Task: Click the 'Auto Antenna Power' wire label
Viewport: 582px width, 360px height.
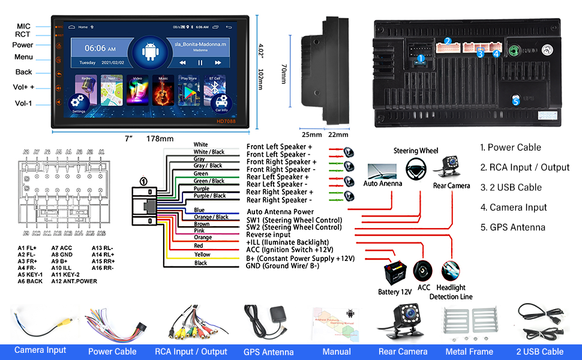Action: pyautogui.click(x=280, y=212)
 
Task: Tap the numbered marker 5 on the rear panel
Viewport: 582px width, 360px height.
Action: pyautogui.click(x=515, y=101)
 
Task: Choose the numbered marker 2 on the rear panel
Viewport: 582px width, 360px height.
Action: pyautogui.click(x=447, y=41)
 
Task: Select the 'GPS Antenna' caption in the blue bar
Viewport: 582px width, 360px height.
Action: pyautogui.click(x=268, y=352)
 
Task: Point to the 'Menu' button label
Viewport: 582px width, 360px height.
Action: pyautogui.click(x=24, y=57)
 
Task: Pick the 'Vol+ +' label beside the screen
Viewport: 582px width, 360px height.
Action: pyautogui.click(x=24, y=87)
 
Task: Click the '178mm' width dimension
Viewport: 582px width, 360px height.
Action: pyautogui.click(x=160, y=139)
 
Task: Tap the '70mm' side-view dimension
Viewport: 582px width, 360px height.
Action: pyautogui.click(x=284, y=74)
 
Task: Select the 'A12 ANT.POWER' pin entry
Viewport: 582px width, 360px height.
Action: pyautogui.click(x=74, y=281)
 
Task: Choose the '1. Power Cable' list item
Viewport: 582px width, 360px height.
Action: pyautogui.click(x=511, y=148)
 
